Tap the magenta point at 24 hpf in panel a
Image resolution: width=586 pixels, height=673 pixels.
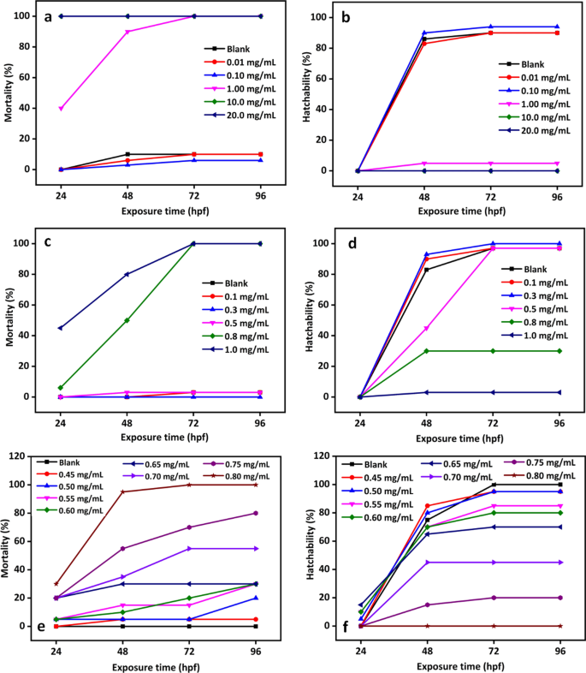tap(61, 109)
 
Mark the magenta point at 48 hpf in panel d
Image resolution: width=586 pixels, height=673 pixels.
tap(425, 328)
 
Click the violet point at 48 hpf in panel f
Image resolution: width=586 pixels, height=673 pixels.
tap(425, 563)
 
